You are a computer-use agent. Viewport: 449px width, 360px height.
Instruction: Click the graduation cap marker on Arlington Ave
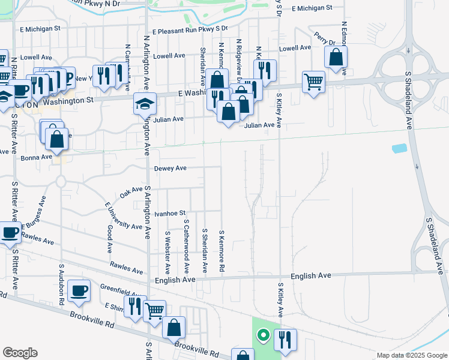(145, 105)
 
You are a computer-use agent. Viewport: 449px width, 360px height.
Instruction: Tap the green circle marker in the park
(262, 335)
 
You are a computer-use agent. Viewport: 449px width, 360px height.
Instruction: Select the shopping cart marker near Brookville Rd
(155, 310)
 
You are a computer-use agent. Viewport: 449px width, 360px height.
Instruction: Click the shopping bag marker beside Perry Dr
(336, 58)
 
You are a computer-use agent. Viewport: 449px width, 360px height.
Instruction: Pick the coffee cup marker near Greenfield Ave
(79, 291)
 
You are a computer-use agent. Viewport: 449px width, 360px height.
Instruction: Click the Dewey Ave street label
(170, 169)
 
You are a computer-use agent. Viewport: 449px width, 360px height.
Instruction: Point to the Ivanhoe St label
(170, 213)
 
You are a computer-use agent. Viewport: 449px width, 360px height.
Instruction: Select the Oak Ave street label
(131, 192)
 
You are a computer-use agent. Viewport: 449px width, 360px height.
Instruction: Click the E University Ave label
(124, 217)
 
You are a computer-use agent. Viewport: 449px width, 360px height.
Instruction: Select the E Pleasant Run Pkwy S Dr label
(190, 29)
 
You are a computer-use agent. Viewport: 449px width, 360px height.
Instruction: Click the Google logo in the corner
(20, 353)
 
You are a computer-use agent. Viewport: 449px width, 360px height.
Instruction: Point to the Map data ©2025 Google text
(411, 355)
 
